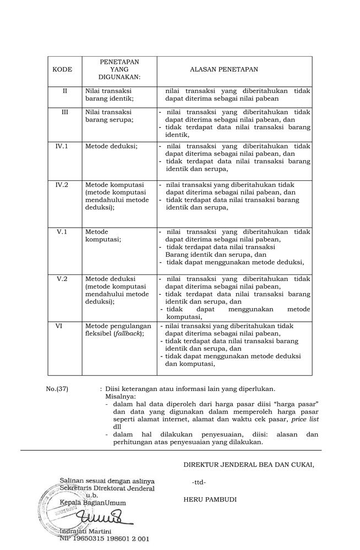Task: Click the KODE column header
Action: point(62,70)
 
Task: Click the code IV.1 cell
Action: point(62,146)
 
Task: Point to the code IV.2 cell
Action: point(62,185)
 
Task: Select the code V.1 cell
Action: point(62,232)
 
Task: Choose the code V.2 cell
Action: point(62,279)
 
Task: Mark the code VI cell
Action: point(59,326)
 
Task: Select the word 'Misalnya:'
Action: point(121,396)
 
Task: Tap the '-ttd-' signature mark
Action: point(199,482)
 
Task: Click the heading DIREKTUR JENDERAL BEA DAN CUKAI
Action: point(249,465)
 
